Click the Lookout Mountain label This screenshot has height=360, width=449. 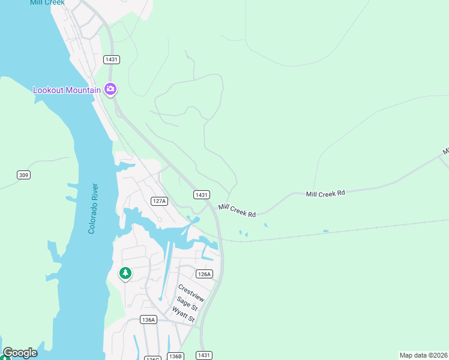(66, 90)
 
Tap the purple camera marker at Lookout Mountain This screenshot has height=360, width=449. (110, 89)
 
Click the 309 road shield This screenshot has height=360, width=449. (23, 175)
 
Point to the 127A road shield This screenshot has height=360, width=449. (158, 201)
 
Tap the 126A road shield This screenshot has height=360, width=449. (204, 274)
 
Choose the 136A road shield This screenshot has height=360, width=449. (148, 320)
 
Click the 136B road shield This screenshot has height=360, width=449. (175, 356)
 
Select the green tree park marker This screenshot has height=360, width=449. (125, 274)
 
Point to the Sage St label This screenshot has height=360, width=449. (187, 304)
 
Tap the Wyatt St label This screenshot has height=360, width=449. (184, 314)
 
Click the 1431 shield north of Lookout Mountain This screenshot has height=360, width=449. (112, 59)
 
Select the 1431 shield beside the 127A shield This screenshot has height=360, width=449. (202, 194)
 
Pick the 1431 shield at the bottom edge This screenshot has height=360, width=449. (204, 355)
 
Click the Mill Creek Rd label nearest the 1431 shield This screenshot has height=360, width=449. (237, 210)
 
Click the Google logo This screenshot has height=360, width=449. (20, 353)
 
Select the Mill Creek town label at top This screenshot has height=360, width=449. (47, 2)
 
